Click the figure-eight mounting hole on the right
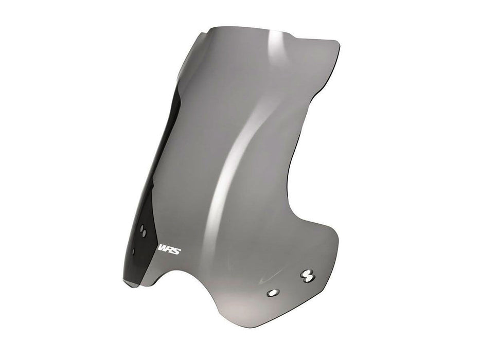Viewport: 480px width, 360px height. click(x=308, y=276)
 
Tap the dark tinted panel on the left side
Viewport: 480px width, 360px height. click(x=149, y=206)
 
